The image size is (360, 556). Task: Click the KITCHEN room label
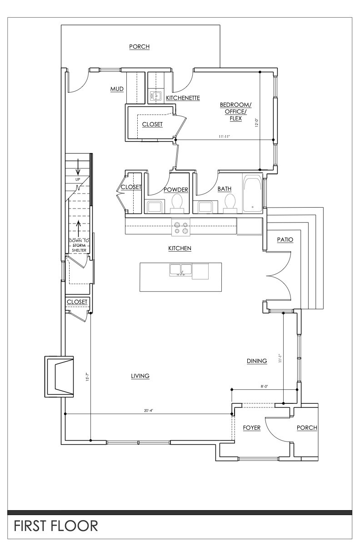coord(180,248)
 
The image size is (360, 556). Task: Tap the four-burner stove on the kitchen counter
coord(181,228)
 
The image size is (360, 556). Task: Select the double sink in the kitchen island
coord(180,270)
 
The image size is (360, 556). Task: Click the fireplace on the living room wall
coord(59,377)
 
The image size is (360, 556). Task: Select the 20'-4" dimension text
coord(148,411)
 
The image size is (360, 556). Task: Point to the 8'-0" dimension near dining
coord(265,387)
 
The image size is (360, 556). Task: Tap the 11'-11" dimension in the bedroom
coord(225,137)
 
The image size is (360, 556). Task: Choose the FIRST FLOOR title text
coord(56,526)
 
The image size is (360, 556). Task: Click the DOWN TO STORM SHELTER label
coord(79,245)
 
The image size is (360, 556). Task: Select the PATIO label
coord(285,240)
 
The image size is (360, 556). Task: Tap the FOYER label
coord(252,427)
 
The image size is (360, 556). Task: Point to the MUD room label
coord(117,89)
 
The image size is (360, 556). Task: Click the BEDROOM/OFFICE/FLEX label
coord(235,111)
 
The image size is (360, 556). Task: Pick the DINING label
coord(257,361)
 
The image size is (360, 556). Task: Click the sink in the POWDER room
coord(155,207)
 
